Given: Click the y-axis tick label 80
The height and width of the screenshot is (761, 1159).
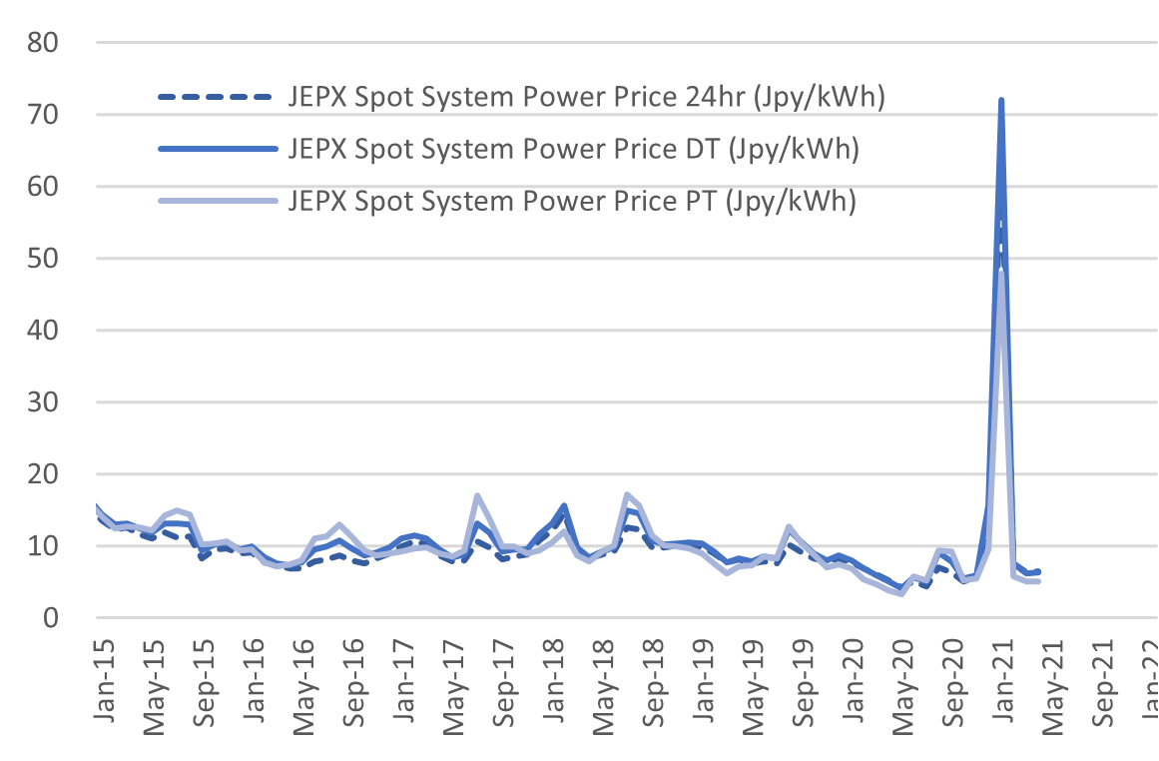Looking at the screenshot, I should pos(45,43).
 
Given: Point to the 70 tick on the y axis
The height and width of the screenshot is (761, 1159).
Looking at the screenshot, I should pos(45,115).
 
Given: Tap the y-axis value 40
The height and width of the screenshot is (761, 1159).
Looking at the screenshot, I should pos(45,331).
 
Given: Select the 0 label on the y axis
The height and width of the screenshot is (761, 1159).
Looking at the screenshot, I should pos(52,618).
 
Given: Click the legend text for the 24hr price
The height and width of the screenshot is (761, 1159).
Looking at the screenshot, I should pos(587,98).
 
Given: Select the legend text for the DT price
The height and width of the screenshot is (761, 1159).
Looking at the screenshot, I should pos(574,150).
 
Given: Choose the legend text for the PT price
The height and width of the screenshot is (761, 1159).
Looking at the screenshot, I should pos(573,201).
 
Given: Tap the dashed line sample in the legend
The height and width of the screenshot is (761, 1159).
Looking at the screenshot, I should pos(215,98).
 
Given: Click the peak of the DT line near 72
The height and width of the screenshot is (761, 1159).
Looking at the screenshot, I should pos(1000,101).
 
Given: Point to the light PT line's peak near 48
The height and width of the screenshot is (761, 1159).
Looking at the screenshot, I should pos(1001,273).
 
